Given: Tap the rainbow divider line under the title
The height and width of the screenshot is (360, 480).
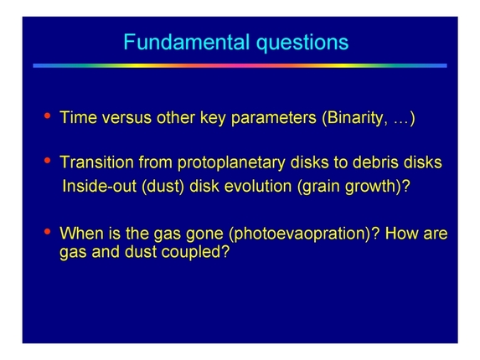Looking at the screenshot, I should tap(240, 65).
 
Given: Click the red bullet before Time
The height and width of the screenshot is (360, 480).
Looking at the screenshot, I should tap(47, 116).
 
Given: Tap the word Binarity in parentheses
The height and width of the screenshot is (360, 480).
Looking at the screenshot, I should tap(356, 118).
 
